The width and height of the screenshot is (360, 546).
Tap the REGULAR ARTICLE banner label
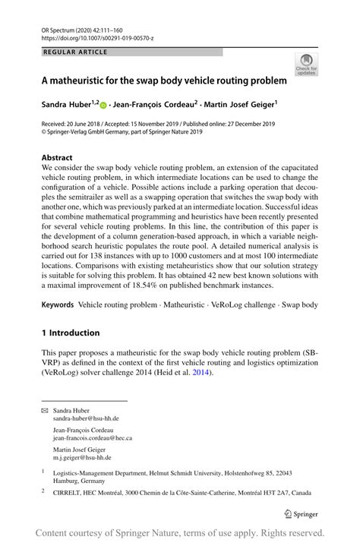pos(76,52)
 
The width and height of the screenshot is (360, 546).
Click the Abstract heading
pos(57,158)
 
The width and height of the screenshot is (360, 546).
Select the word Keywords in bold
pos(58,305)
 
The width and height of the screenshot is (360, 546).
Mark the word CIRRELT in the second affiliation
pos(68,491)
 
